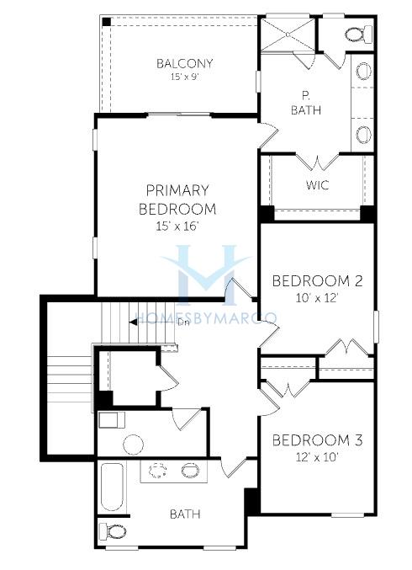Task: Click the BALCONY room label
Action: point(184,63)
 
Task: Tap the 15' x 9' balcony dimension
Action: point(184,77)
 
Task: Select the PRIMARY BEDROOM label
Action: point(177,200)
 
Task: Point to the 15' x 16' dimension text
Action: point(178,226)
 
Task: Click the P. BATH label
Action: point(306,103)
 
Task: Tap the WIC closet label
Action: point(317,185)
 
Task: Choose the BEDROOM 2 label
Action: point(317,281)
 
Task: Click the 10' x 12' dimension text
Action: point(317,298)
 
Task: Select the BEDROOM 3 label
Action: point(317,440)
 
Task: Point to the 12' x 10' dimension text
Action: point(317,457)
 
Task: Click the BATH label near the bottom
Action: point(185,514)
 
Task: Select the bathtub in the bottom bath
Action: point(112,487)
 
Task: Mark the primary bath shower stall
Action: point(288,35)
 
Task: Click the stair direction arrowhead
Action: point(133,322)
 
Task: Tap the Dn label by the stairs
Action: point(183,322)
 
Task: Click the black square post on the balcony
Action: point(106,21)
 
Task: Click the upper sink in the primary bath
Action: point(363,72)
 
